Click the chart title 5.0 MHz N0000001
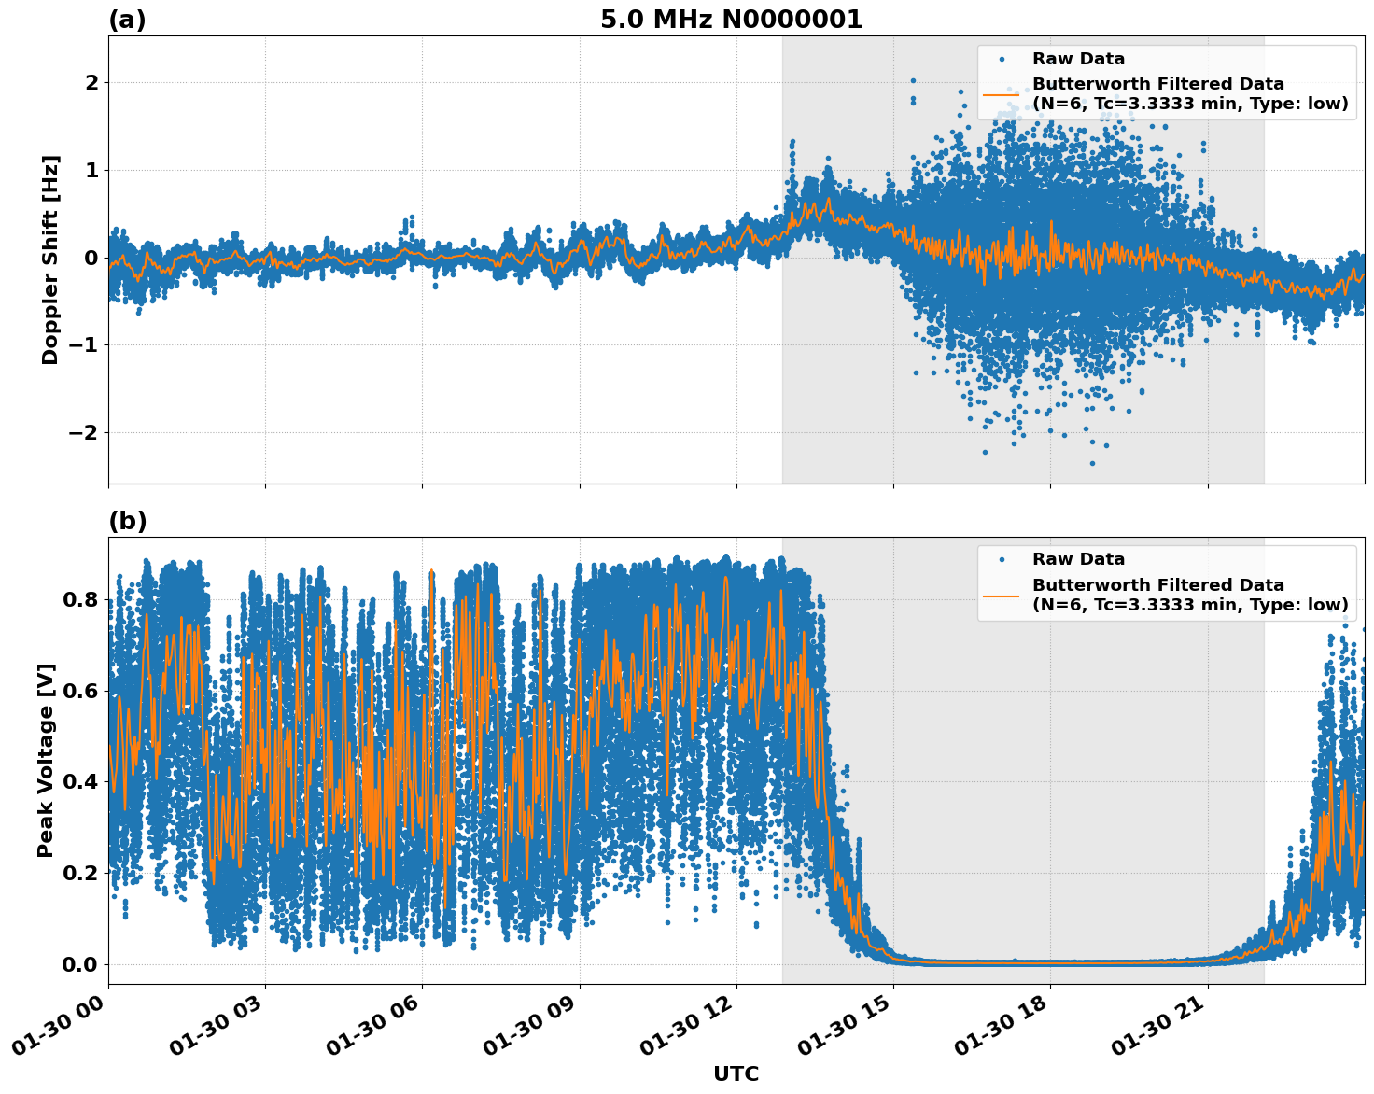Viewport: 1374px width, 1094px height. pyautogui.click(x=731, y=20)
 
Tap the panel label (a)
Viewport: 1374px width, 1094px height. pyautogui.click(x=127, y=20)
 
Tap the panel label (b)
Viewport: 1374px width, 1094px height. pyautogui.click(x=127, y=521)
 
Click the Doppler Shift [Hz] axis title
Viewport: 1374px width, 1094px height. pyautogui.click(x=50, y=259)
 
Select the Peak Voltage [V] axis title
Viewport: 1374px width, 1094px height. pyautogui.click(x=47, y=760)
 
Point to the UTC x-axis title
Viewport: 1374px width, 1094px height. pyautogui.click(x=736, y=1073)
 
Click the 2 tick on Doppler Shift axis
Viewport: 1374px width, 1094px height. pyautogui.click(x=91, y=82)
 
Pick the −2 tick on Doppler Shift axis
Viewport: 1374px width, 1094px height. pyautogui.click(x=83, y=432)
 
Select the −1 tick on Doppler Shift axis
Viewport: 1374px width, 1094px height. pyautogui.click(x=83, y=344)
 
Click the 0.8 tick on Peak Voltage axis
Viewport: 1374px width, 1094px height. pyautogui.click(x=81, y=599)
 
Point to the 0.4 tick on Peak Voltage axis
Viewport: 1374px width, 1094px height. pyautogui.click(x=81, y=781)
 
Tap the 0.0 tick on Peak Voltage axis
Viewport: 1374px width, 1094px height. pyautogui.click(x=81, y=964)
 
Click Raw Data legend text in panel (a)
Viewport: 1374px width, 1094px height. pyautogui.click(x=1078, y=59)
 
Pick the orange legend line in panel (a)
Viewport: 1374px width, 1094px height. pyautogui.click(x=1001, y=94)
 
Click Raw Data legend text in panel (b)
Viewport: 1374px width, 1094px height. pyautogui.click(x=1078, y=559)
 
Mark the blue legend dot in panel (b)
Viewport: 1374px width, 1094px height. pyautogui.click(x=1001, y=559)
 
